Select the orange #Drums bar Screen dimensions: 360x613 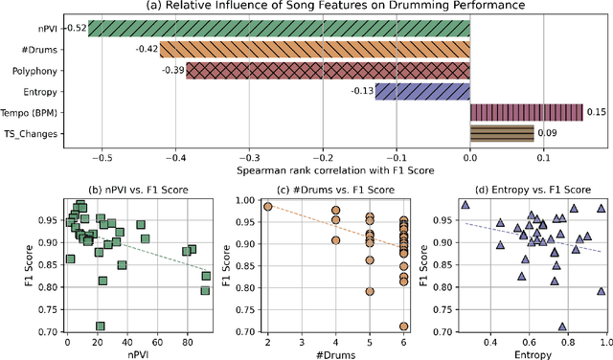314,49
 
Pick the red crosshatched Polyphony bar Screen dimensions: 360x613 327,70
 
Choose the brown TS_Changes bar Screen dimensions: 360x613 501,134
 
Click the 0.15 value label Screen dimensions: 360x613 594,112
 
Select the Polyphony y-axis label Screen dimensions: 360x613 38,71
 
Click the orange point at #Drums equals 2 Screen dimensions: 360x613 267,206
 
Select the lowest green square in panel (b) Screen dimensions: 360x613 100,326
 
